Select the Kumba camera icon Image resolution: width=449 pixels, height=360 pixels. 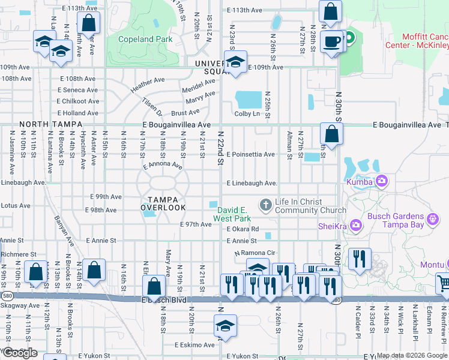click(x=382, y=181)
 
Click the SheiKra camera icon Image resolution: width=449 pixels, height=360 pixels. click(x=356, y=224)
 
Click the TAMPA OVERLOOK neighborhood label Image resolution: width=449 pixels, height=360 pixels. click(x=163, y=203)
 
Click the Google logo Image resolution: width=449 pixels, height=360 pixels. click(x=20, y=353)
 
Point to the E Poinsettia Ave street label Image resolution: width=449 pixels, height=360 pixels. click(x=250, y=154)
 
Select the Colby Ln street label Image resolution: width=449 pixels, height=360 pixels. click(x=247, y=113)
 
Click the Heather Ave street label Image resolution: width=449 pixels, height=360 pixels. click(x=148, y=84)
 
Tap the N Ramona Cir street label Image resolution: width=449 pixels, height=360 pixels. click(x=254, y=253)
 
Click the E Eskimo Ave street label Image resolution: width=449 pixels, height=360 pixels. click(x=194, y=345)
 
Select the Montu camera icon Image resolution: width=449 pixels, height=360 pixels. click(x=447, y=264)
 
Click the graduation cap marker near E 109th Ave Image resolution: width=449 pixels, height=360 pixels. click(x=235, y=62)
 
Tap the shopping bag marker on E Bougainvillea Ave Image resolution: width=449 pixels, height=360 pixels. click(x=331, y=134)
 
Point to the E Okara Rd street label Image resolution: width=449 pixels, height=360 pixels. click(x=243, y=229)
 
